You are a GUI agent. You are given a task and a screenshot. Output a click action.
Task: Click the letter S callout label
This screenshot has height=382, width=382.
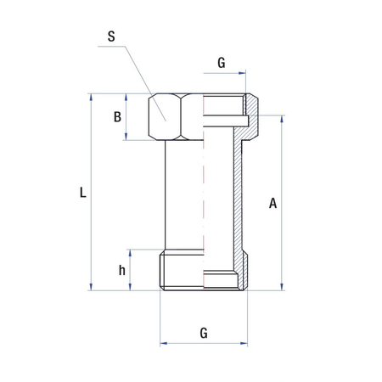coord(112,37)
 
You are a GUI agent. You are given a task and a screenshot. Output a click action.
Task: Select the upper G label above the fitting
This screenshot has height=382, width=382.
coord(222,63)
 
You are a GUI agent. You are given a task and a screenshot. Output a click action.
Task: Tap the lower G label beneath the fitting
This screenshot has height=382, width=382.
coord(204,333)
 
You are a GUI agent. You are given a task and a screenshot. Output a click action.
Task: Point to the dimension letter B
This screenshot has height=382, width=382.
coord(118,117)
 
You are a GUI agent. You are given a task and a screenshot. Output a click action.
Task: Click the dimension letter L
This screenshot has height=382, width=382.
coord(81,193)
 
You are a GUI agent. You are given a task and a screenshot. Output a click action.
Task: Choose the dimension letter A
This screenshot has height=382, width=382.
coord(272,204)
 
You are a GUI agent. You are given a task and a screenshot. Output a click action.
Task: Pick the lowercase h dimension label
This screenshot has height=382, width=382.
coord(122,270)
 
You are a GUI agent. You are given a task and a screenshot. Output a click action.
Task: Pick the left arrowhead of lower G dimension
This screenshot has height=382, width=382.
coord(164,344)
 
